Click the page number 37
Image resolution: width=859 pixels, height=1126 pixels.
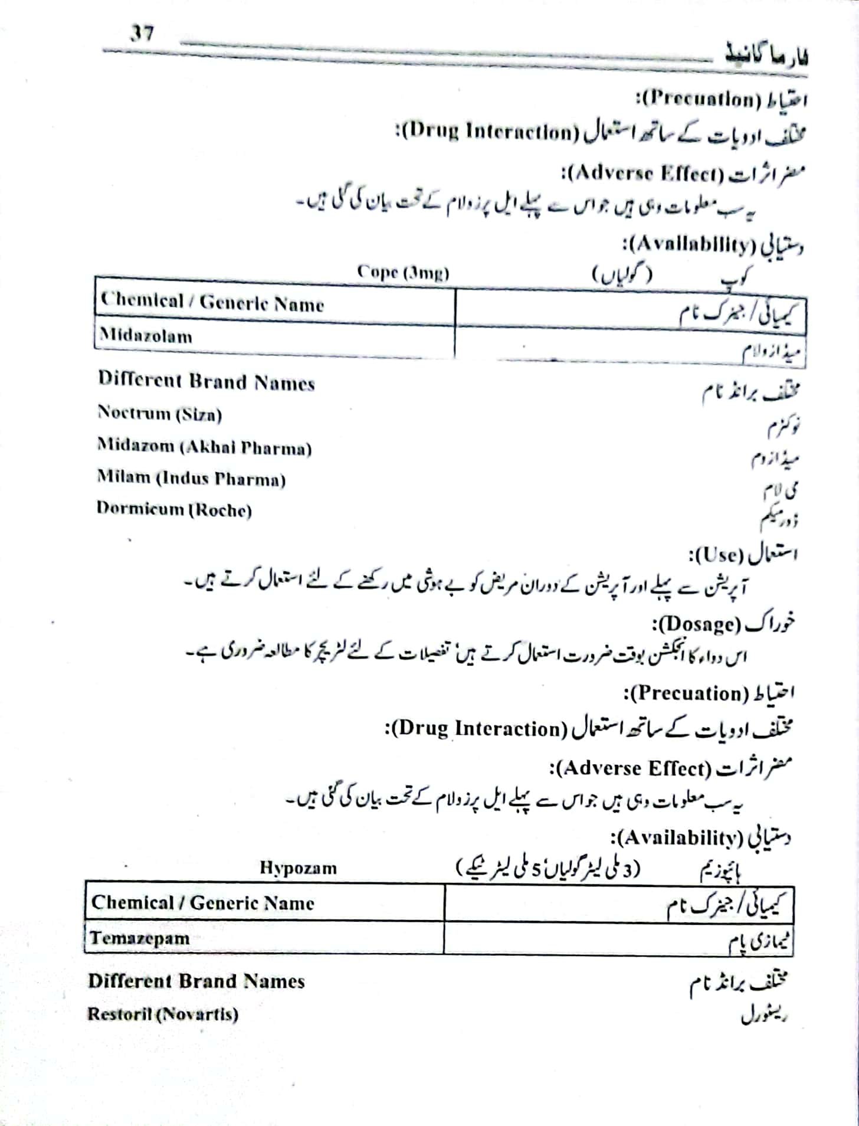click(142, 32)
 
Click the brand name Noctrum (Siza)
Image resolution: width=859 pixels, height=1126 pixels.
click(160, 414)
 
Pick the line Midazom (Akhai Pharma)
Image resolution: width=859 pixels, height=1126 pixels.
click(204, 447)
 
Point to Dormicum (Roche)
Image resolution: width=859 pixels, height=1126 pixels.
click(174, 509)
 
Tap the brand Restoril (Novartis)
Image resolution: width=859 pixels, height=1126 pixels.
click(163, 1014)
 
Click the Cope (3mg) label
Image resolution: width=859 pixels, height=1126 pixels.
click(403, 273)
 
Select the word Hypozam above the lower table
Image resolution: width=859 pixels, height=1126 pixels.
click(298, 868)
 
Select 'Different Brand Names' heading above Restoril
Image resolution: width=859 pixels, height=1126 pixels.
click(196, 981)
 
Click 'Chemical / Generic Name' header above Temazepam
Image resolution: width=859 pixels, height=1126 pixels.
click(202, 903)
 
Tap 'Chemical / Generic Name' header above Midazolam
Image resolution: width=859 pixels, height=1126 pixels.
click(212, 303)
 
